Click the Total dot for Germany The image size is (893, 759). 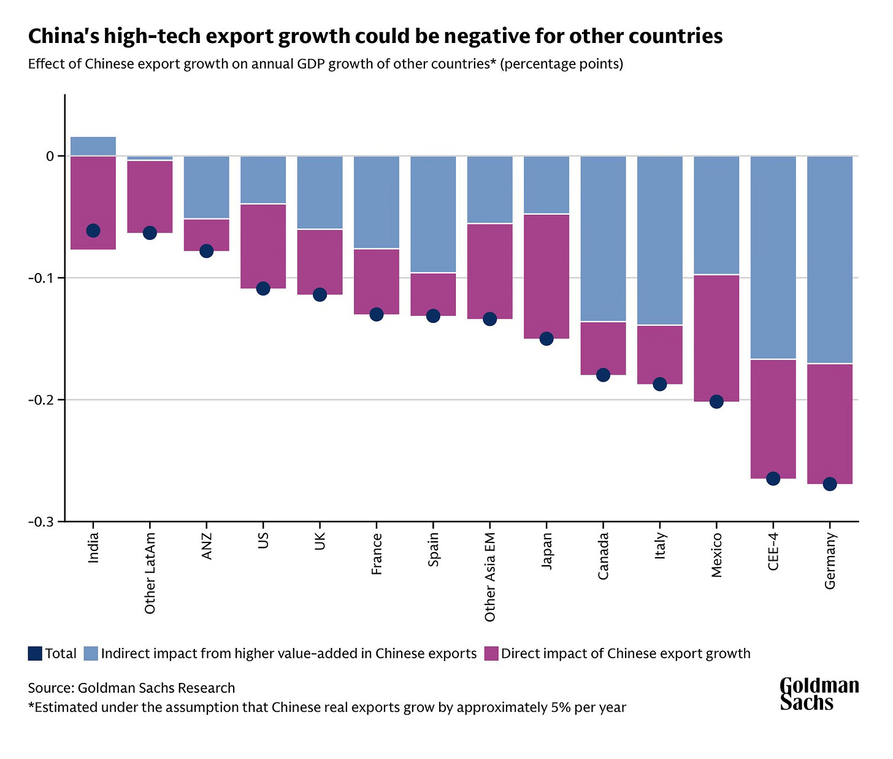pos(829,484)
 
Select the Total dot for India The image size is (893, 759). pos(93,231)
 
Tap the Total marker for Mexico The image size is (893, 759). pos(716,401)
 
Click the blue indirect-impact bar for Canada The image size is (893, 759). pos(603,239)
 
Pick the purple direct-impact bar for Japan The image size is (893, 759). pos(546,276)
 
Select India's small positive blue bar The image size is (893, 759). pos(93,146)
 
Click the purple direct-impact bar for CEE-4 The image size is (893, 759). pos(773,419)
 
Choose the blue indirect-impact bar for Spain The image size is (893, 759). pos(434,214)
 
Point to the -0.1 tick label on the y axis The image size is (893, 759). pos(41,278)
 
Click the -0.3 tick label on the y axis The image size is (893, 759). pos(41,522)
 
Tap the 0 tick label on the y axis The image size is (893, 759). pos(50,156)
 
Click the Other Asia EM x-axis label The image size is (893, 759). pos(489,577)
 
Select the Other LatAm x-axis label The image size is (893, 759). pos(150,572)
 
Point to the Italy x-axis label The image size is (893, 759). pos(660,545)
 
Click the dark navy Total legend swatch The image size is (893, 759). pos(35,653)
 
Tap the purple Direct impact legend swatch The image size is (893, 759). pos(491,653)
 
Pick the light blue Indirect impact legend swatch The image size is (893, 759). pos(91,653)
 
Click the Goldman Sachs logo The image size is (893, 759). pos(819,694)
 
